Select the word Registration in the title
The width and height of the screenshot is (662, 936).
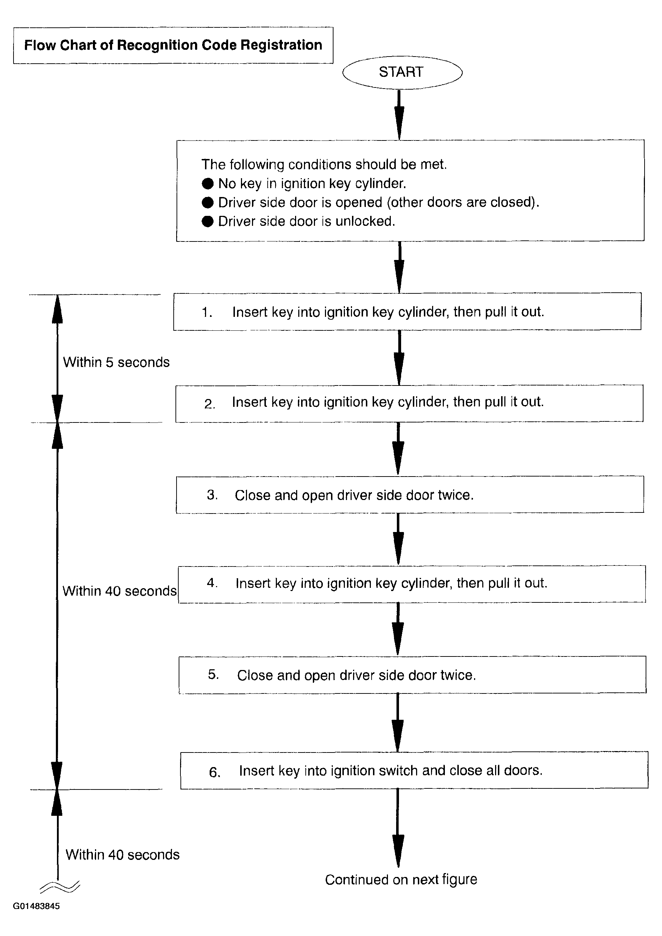[281, 45]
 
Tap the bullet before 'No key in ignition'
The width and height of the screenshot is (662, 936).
[207, 184]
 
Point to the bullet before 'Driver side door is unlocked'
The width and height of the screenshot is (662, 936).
[207, 221]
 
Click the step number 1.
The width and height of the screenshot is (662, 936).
[206, 312]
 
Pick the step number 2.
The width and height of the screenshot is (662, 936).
[209, 404]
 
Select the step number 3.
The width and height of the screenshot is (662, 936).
[212, 495]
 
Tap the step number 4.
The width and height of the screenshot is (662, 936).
[212, 583]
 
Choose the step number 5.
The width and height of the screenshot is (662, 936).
[213, 674]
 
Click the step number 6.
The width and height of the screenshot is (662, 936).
[215, 772]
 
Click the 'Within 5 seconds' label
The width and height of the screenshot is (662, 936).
[116, 362]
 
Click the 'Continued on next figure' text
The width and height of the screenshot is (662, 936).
[401, 879]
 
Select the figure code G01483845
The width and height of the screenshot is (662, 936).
[36, 906]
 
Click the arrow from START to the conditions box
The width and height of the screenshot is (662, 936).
[399, 115]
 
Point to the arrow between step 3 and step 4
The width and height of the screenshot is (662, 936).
[399, 539]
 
